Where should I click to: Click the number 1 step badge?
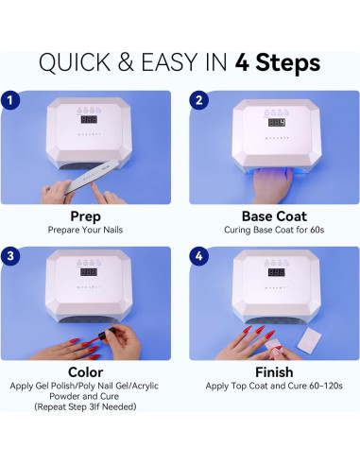tap(10, 100)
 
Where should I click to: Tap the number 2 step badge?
tap(198, 100)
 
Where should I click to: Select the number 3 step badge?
tap(10, 255)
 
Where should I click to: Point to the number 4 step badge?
tap(198, 255)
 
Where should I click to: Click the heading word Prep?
tap(85, 216)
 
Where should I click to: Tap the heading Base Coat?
tap(274, 216)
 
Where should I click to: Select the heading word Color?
tap(85, 372)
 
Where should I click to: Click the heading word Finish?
tap(274, 372)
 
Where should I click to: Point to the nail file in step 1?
tap(92, 177)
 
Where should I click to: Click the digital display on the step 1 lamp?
tap(89, 119)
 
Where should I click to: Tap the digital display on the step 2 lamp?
tap(277, 122)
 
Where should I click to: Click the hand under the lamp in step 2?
tap(273, 184)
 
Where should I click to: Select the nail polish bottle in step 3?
tap(104, 335)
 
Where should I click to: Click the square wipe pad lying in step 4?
tap(309, 338)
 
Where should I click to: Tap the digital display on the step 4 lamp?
tap(277, 272)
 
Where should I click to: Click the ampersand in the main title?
tap(126, 62)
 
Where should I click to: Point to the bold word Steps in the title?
tap(287, 63)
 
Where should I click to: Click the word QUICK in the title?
tap(75, 62)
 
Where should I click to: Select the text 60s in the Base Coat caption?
tap(317, 230)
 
